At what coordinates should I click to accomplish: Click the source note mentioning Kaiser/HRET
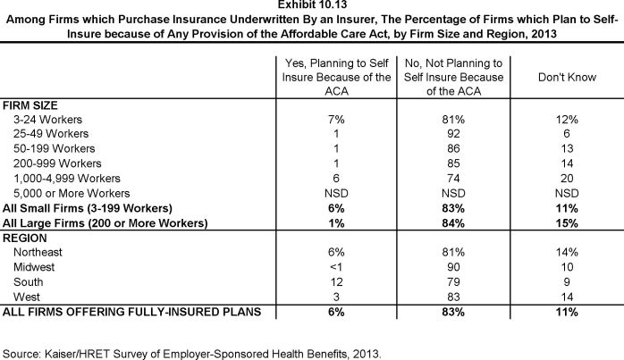pos(193,353)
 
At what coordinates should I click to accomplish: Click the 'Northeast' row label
pos(38,253)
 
